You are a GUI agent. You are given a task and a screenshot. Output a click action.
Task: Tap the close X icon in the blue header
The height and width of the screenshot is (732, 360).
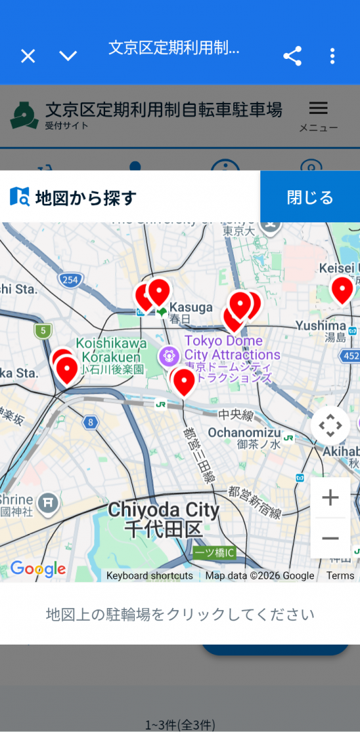click(x=28, y=56)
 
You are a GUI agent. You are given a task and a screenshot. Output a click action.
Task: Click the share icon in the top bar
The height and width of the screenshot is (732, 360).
click(x=292, y=56)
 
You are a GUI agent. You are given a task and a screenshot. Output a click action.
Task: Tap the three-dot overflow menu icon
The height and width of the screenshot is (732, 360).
click(x=332, y=56)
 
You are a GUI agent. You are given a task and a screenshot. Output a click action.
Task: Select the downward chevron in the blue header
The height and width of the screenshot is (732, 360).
click(x=68, y=56)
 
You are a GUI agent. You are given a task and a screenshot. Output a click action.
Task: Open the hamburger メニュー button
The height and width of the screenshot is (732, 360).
click(x=318, y=115)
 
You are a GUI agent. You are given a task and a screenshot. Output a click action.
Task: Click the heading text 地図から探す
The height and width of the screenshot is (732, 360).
click(x=85, y=198)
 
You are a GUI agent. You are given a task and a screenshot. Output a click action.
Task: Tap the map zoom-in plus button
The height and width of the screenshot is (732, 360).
click(x=330, y=498)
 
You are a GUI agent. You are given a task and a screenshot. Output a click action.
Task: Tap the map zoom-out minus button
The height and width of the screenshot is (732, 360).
click(x=330, y=538)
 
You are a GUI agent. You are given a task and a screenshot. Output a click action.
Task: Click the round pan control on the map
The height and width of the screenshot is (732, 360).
click(x=330, y=426)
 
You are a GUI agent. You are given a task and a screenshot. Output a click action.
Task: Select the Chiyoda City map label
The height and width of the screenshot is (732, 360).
click(x=164, y=518)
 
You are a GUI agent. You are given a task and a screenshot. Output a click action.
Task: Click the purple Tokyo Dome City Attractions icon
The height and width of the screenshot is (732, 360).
click(x=168, y=354)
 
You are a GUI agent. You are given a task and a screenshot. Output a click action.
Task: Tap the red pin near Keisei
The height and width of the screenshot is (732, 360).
click(x=342, y=289)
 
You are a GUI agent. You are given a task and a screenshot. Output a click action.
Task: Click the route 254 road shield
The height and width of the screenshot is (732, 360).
click(x=70, y=279)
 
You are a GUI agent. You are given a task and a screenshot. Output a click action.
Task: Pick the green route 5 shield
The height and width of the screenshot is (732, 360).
click(x=43, y=331)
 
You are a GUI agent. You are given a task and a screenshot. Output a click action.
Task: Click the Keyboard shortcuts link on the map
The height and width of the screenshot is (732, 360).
click(x=149, y=575)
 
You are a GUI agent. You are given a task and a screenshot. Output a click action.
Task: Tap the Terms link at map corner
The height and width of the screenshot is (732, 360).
click(x=340, y=575)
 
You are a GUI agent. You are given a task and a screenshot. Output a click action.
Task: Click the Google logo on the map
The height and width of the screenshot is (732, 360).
click(x=38, y=569)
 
